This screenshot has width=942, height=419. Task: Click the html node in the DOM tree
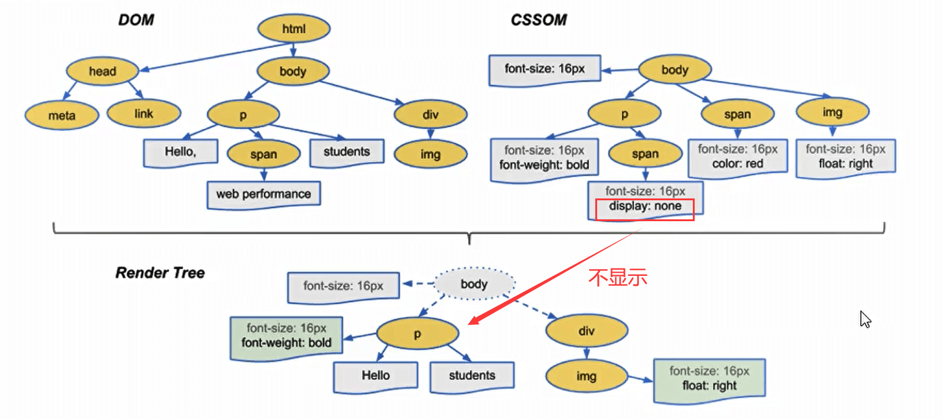pyautogui.click(x=294, y=28)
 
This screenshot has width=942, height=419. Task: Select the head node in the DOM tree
pyautogui.click(x=102, y=71)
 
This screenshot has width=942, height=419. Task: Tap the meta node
pyautogui.click(x=62, y=114)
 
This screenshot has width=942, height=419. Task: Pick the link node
pyautogui.click(x=144, y=113)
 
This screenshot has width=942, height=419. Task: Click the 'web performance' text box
pyautogui.click(x=263, y=194)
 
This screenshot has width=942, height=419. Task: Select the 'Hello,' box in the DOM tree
pyautogui.click(x=181, y=151)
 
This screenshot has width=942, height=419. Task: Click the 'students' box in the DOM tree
pyautogui.click(x=347, y=152)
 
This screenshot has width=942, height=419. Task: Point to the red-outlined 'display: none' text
pyautogui.click(x=645, y=207)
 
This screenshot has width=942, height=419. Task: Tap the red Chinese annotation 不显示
pyautogui.click(x=618, y=278)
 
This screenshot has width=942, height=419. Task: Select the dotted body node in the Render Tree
pyautogui.click(x=474, y=284)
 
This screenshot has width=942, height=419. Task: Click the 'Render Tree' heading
pyautogui.click(x=160, y=273)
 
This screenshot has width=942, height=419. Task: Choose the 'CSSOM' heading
pyautogui.click(x=538, y=20)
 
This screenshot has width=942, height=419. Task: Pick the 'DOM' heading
pyautogui.click(x=136, y=20)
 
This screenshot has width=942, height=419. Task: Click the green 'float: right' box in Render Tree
pyautogui.click(x=709, y=379)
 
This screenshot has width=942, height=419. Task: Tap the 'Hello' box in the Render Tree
pyautogui.click(x=376, y=375)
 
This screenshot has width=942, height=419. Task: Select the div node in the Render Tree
pyautogui.click(x=586, y=332)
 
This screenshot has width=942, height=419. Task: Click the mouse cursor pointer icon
pyautogui.click(x=865, y=319)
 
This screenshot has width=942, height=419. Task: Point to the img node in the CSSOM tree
pyautogui.click(x=832, y=112)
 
